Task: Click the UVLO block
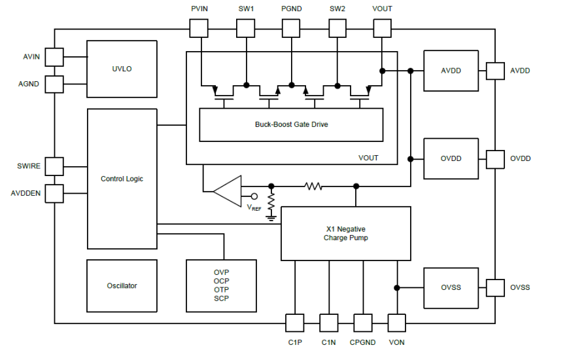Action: (122, 69)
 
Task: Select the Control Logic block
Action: (122, 179)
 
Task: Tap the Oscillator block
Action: (122, 285)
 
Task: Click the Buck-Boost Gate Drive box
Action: (291, 124)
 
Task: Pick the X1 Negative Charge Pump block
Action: (345, 234)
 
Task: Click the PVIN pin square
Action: (199, 28)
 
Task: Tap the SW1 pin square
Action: (245, 28)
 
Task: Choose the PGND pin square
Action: (291, 28)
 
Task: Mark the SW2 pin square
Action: (337, 28)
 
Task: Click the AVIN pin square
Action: (54, 57)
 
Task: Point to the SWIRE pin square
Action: (54, 166)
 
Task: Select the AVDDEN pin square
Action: (54, 193)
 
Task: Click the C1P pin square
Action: (295, 323)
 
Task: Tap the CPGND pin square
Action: (363, 323)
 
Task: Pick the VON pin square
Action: (397, 323)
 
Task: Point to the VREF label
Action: (254, 207)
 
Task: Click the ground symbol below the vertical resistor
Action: (271, 217)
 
